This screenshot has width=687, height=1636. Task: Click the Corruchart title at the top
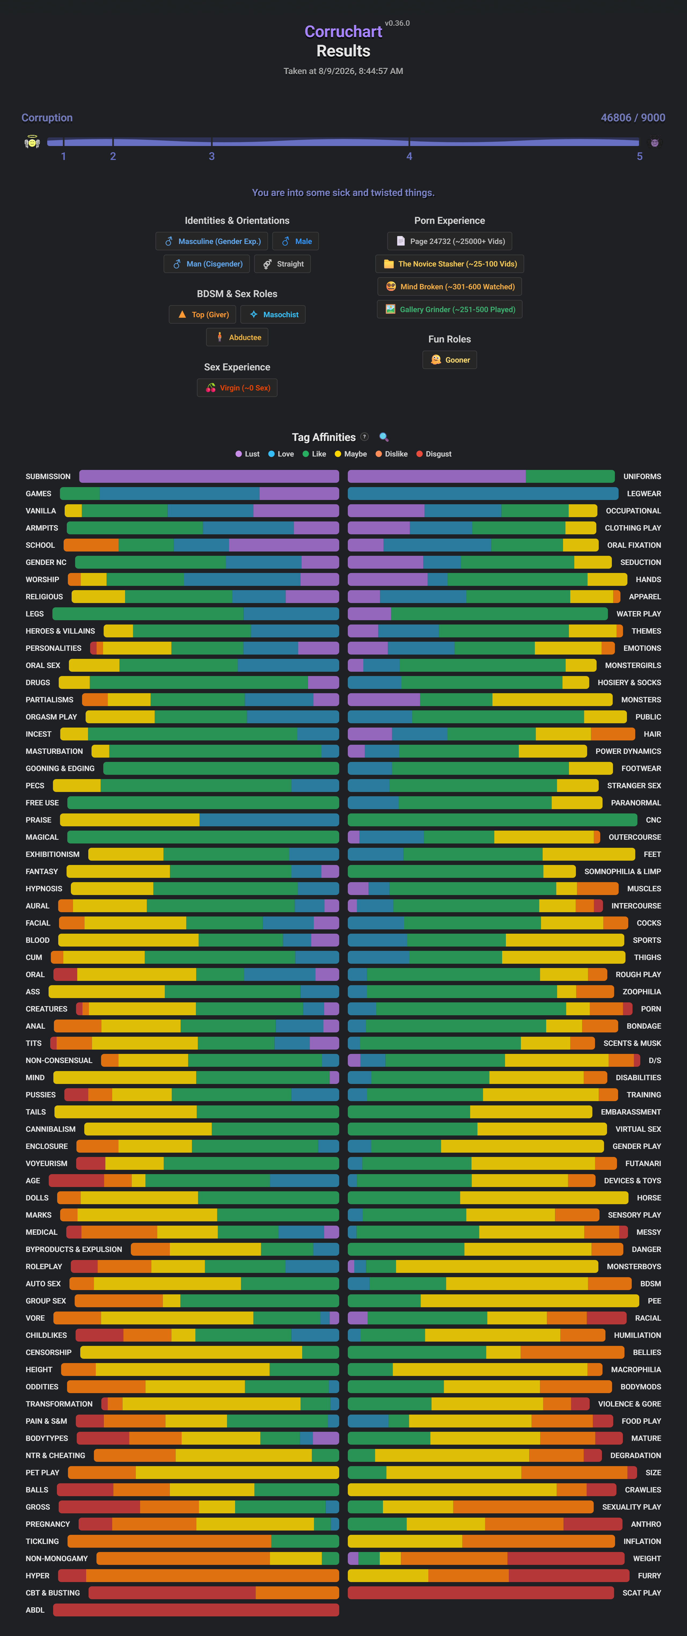click(343, 32)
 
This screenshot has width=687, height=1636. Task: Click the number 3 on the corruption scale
click(211, 156)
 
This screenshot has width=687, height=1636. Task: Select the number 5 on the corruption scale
click(640, 156)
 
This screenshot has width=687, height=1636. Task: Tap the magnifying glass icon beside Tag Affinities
click(383, 437)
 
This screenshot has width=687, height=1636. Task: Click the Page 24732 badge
click(450, 241)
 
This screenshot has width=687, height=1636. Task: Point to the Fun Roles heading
click(450, 339)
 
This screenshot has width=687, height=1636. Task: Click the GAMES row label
click(39, 494)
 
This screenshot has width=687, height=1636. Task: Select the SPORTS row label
click(647, 940)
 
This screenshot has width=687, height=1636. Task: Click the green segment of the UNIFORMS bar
click(570, 476)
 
